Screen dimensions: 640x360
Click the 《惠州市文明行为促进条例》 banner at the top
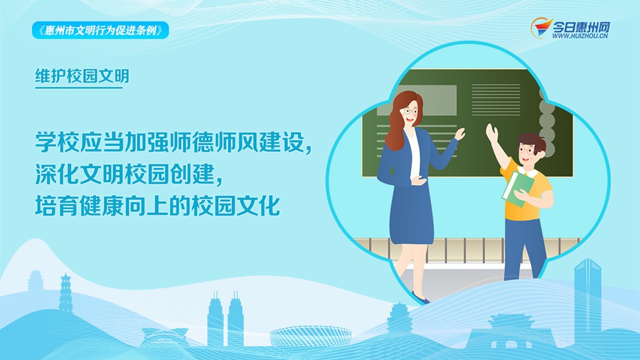(x=100, y=31)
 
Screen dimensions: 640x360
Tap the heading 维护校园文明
(x=82, y=76)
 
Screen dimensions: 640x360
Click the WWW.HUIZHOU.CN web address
(x=580, y=36)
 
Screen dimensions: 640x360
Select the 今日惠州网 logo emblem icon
(x=541, y=28)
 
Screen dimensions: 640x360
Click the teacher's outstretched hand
(x=460, y=134)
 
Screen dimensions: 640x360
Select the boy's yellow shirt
(x=526, y=191)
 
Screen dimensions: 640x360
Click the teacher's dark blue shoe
(x=420, y=298)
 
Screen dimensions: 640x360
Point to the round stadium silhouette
(x=310, y=337)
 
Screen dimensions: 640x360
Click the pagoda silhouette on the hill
(x=65, y=293)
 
